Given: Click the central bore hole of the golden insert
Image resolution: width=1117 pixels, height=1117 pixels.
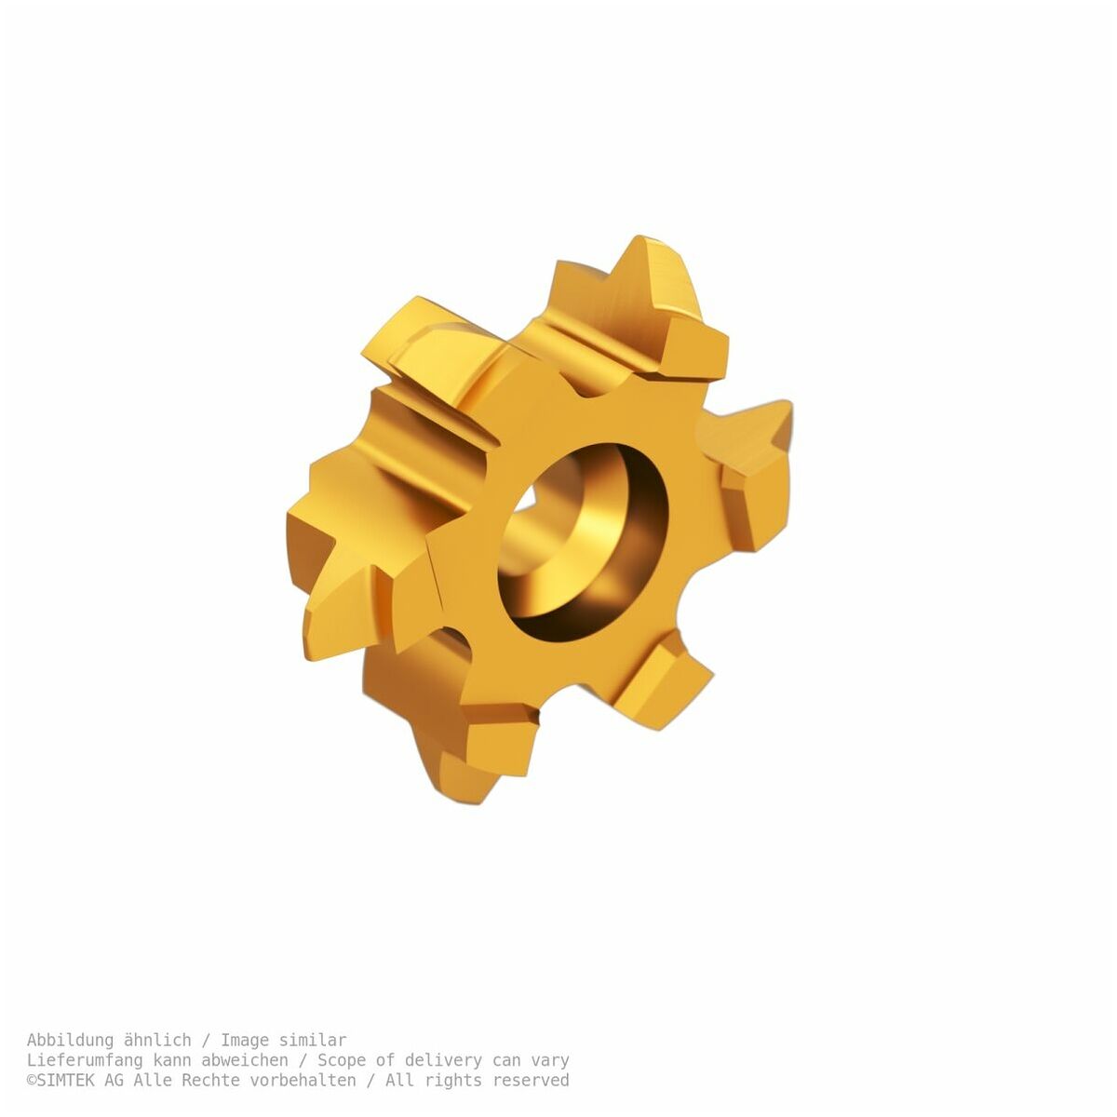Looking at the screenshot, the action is (583, 543).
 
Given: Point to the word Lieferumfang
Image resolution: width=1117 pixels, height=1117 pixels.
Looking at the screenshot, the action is (84, 1060).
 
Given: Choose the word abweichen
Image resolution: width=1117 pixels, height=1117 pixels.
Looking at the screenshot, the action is (245, 1060).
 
